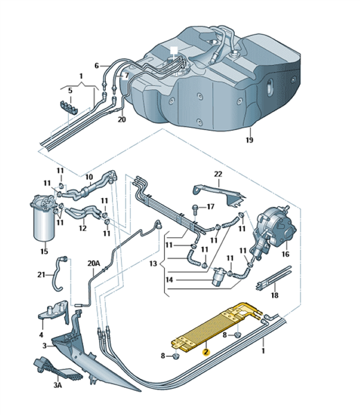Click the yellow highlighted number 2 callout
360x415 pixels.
206,352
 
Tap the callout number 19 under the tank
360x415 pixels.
249,140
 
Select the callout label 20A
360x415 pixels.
93,264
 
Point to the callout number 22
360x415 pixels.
218,174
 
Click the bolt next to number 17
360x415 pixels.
195,207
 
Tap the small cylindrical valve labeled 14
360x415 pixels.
218,276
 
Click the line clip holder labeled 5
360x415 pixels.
69,107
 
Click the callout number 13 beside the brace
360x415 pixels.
153,264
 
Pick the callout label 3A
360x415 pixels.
57,385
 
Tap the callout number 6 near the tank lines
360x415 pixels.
96,66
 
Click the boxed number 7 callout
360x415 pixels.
127,75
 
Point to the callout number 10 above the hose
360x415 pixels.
89,177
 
